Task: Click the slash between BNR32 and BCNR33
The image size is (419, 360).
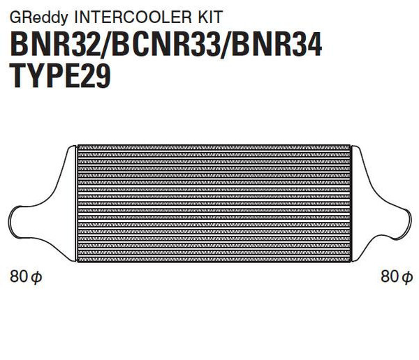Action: pos(104,45)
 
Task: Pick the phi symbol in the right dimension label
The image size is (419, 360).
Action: pos(407,278)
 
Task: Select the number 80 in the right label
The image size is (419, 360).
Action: pos(389,277)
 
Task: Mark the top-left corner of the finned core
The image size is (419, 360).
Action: pos(78,146)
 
